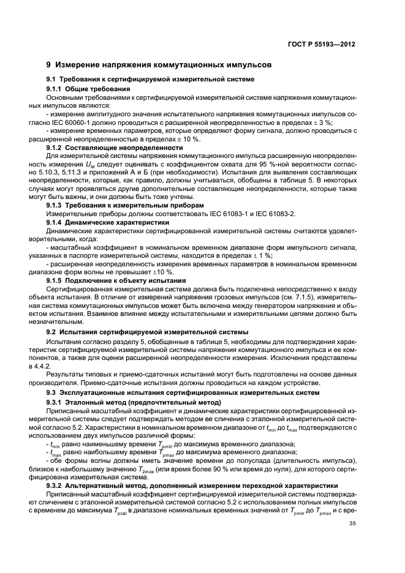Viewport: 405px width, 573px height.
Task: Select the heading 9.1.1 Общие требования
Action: [x=86, y=89]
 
